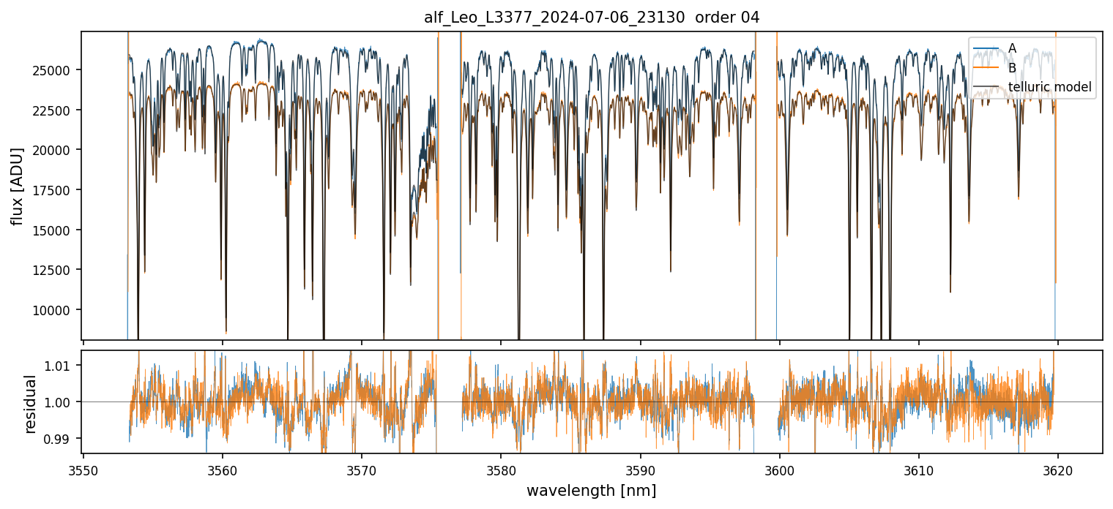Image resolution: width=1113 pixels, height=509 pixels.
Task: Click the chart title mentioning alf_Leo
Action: pos(592,18)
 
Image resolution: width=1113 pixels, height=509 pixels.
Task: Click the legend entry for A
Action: pos(1012,48)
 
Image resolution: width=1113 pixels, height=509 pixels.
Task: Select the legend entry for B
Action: pos(1012,68)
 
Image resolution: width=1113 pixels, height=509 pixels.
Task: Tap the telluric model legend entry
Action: pos(1049,88)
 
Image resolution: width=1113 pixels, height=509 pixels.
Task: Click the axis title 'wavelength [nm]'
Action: pos(592,490)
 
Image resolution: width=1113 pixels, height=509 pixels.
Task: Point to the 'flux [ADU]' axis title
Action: pos(17,186)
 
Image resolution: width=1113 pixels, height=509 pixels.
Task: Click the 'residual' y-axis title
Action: pos(31,404)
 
